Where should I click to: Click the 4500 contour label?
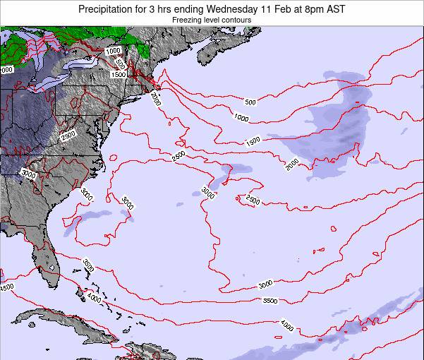(x=6, y=287)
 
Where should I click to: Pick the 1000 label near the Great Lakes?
(x=112, y=51)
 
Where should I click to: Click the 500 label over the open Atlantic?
(x=250, y=102)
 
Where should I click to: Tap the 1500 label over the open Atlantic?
(x=253, y=140)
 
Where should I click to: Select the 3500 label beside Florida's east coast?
(x=88, y=265)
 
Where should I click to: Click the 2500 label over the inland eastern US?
(x=68, y=136)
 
